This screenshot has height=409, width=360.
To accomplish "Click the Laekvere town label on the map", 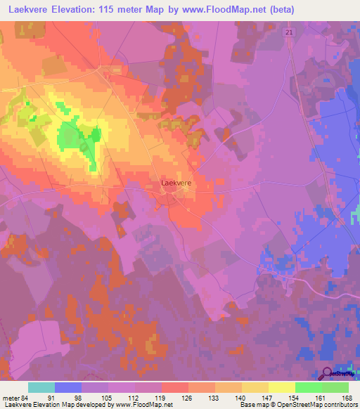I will coord(176,183).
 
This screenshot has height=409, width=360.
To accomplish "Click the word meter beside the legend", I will coord(11,398).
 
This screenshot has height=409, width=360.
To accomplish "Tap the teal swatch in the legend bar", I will coord(41,387).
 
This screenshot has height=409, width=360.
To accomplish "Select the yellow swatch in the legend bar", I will coord(281,387).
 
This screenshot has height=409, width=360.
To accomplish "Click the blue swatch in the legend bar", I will coord(68,387).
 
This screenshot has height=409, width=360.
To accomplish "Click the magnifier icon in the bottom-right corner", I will coord(327,375).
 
